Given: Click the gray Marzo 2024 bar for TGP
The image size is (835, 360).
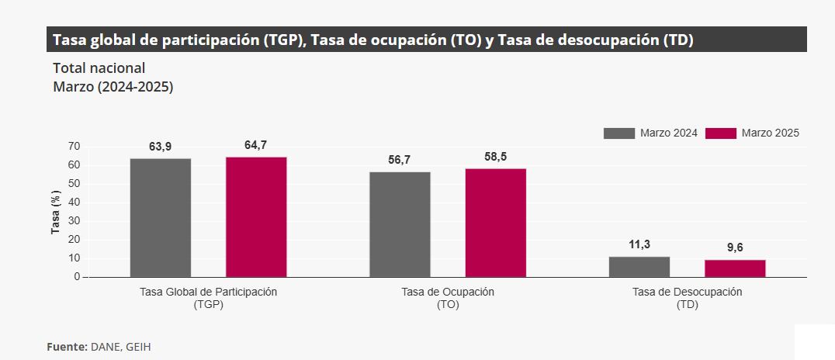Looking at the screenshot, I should [161, 217].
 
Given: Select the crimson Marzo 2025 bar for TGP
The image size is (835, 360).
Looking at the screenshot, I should [256, 216].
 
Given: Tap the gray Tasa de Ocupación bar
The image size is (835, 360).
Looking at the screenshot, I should [400, 224].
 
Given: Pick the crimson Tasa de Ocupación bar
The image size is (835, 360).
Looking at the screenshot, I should [496, 223].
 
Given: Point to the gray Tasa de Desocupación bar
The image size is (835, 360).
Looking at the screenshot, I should [639, 266].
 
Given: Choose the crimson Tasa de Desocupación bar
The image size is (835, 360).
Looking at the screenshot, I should [735, 268].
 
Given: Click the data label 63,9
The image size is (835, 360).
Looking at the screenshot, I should [161, 147].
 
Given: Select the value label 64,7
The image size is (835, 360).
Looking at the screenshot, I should [255, 145].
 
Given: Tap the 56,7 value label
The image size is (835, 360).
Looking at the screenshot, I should [400, 160].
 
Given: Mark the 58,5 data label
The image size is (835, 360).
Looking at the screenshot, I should [495, 157].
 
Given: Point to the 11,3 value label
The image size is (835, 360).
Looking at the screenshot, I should [639, 244].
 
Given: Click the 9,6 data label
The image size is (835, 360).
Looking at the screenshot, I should [735, 247].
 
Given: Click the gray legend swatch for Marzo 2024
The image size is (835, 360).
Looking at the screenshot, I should [618, 133].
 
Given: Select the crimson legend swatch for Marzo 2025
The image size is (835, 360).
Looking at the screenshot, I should [721, 133].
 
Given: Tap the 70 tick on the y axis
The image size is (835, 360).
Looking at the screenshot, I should [74, 146].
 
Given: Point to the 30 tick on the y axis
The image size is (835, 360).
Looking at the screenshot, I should [74, 221].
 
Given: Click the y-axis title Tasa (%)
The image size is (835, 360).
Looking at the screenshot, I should [56, 212].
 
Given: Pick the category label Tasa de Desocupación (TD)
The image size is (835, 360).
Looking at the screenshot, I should [688, 298].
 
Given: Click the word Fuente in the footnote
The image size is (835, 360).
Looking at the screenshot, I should [67, 347].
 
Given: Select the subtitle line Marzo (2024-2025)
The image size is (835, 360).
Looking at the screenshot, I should [113, 87].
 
